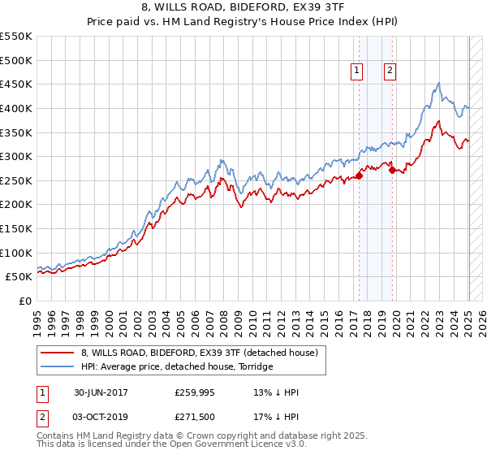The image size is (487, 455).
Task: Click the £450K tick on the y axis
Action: point(16,84)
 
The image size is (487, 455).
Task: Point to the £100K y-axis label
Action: point(16,253)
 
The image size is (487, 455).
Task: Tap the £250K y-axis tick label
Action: point(16,180)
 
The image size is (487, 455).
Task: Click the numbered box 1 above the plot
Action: point(357,71)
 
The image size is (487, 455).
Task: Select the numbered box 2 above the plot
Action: point(390,71)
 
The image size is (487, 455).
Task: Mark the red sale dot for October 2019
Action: point(392,171)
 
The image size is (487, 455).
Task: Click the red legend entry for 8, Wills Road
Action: point(203,352)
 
